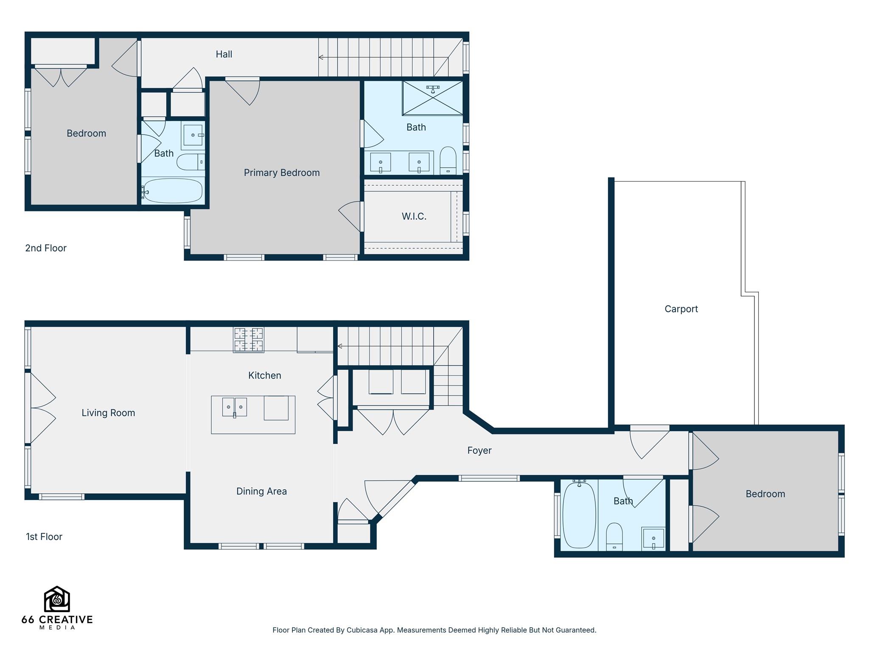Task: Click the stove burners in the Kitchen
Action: click(248, 340)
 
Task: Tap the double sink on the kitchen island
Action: click(234, 407)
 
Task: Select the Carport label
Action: click(681, 309)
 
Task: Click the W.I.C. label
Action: click(414, 216)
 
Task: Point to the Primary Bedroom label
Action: click(281, 173)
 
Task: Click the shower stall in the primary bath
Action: click(432, 98)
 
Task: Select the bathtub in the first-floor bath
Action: click(579, 515)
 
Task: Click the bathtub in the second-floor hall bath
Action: click(172, 191)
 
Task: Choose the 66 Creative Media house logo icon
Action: click(57, 599)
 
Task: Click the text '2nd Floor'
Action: click(46, 248)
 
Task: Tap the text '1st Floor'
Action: click(44, 537)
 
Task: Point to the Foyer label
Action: click(479, 451)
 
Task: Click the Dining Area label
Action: click(261, 492)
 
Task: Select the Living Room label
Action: click(108, 413)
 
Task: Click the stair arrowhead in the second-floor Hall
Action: click(321, 57)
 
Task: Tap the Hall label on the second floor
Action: click(224, 54)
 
